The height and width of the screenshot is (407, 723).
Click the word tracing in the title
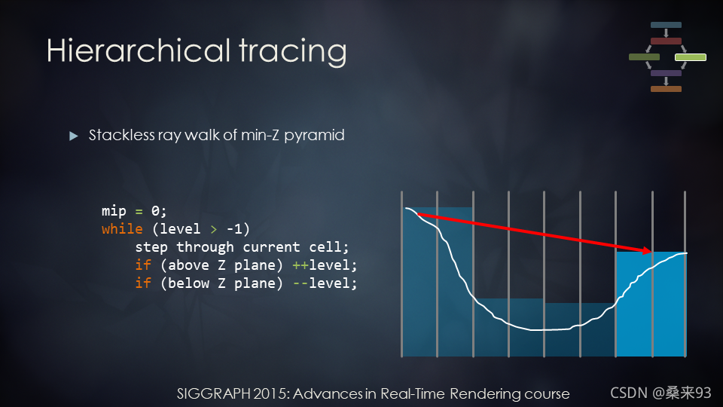point(293,53)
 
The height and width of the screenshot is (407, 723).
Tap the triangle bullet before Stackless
point(73,136)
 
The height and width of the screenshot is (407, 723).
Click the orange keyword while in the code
point(122,229)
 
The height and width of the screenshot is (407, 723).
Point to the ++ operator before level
point(300,265)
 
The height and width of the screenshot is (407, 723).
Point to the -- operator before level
point(300,283)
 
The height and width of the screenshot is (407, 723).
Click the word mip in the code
point(114,211)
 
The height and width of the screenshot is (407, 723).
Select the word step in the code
point(151,248)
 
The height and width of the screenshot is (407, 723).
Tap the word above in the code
point(188,265)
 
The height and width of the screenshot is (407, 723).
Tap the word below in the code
point(188,283)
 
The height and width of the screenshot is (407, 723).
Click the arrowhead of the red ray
point(646,250)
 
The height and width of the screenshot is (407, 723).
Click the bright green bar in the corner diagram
point(691,57)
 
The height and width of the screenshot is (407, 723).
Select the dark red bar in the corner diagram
point(666,41)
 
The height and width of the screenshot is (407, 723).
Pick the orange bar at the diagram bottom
point(666,89)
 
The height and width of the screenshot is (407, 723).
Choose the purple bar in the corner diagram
point(666,73)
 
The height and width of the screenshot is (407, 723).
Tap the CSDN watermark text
point(630,393)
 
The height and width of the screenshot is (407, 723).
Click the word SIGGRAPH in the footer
point(213,393)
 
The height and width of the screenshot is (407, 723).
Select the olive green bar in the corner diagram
point(644,57)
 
